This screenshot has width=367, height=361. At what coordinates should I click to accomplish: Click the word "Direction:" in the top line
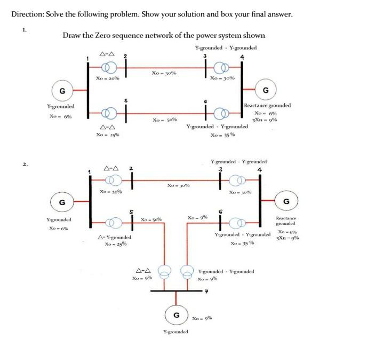click(x=28, y=14)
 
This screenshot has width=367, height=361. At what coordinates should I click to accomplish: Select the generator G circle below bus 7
click(x=175, y=315)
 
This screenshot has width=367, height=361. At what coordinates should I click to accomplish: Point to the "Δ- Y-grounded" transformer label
click(x=115, y=237)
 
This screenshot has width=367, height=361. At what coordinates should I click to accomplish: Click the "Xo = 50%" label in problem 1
click(x=162, y=120)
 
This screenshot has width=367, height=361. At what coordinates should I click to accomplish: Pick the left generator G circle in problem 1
click(x=62, y=91)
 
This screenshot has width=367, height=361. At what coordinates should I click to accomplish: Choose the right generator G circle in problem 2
click(x=286, y=201)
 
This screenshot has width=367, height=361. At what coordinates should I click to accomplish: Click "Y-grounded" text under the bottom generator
click(x=175, y=332)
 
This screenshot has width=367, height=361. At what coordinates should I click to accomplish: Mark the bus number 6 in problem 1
click(x=205, y=101)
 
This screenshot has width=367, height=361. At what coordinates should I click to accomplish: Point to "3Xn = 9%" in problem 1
click(x=267, y=120)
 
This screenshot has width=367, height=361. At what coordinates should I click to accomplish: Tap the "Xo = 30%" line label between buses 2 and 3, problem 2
click(x=178, y=186)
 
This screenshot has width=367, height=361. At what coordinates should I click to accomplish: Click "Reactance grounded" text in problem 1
click(x=267, y=106)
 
